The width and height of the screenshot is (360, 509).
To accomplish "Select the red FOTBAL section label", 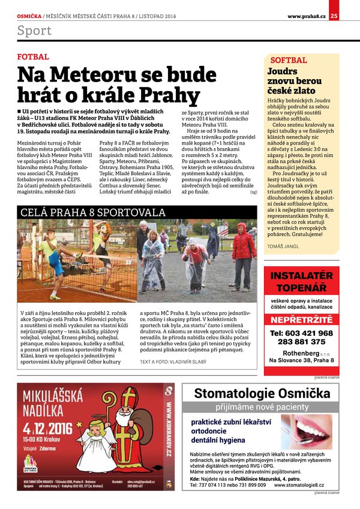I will (x=33, y=57).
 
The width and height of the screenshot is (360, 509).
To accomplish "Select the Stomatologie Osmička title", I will (x=262, y=393).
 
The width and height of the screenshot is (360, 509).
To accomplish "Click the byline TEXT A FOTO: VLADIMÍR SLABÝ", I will (x=172, y=362).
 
